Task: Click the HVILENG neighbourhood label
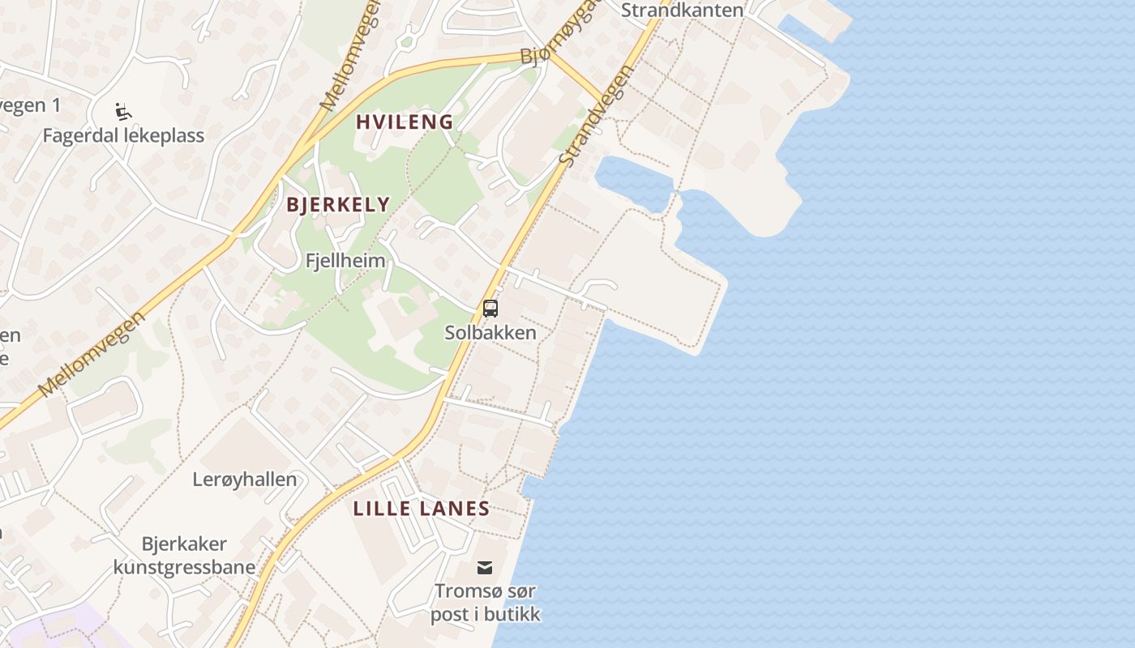(x=405, y=122)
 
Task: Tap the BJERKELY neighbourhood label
(x=338, y=204)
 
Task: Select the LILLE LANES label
(x=422, y=509)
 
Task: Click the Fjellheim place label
(x=345, y=261)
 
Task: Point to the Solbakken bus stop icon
(x=490, y=308)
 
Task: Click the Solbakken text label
(x=490, y=332)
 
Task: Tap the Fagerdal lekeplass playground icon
(x=123, y=111)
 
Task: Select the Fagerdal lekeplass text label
(x=123, y=135)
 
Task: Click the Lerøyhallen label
(x=245, y=479)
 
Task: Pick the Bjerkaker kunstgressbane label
(x=184, y=555)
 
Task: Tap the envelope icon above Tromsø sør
(x=485, y=567)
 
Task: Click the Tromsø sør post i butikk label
(x=485, y=603)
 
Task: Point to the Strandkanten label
(x=682, y=11)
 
